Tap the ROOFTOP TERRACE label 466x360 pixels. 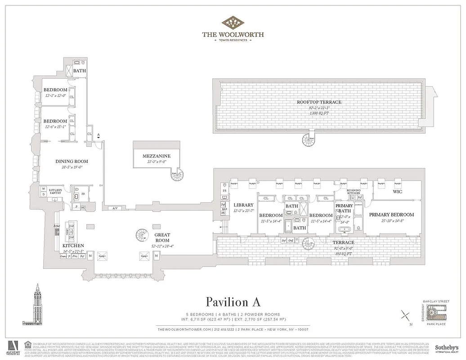[319, 102]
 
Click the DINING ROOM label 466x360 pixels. [72, 161]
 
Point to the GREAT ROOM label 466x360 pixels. [162, 234]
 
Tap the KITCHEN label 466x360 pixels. [73, 246]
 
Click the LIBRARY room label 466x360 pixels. [243, 205]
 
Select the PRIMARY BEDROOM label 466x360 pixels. [391, 215]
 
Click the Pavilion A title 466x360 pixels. [233, 301]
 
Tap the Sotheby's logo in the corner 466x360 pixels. [446, 349]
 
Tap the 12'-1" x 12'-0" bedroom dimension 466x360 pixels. [55, 95]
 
